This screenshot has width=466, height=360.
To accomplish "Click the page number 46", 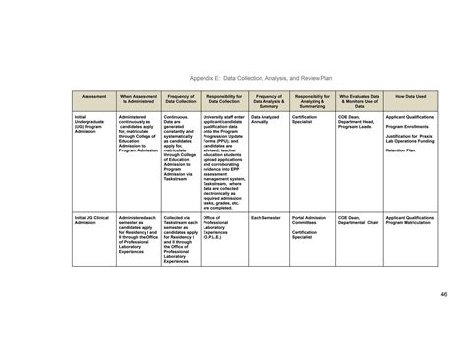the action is (x=443, y=292).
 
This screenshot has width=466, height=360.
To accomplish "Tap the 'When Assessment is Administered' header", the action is (x=138, y=99).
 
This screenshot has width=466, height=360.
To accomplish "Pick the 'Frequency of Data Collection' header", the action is (x=181, y=99).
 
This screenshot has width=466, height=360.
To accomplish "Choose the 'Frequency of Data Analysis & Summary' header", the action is (x=268, y=100).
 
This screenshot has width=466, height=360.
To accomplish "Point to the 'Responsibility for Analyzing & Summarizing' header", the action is (x=312, y=100).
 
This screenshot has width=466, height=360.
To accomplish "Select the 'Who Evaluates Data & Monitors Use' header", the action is (x=358, y=100).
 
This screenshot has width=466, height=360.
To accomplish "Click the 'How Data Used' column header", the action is (x=410, y=96).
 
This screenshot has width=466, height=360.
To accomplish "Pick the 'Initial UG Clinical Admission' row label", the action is (x=88, y=219).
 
